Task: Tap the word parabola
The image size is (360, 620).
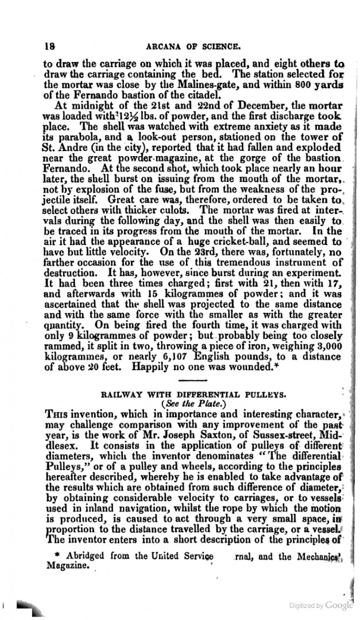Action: click(68, 136)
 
